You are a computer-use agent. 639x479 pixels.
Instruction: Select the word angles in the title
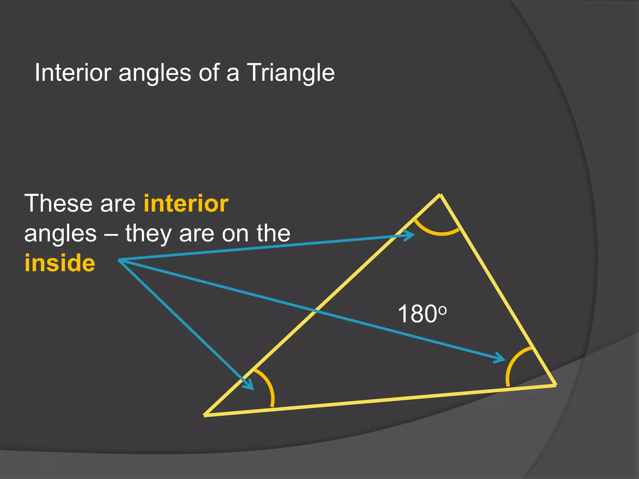click(155, 74)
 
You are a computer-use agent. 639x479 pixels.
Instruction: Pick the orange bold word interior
click(186, 203)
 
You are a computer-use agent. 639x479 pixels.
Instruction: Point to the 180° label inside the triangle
click(422, 314)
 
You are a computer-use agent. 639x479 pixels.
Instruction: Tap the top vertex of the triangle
click(440, 195)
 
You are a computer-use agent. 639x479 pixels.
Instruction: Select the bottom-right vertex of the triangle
click(555, 385)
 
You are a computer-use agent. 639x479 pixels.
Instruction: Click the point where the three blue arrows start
click(119, 260)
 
